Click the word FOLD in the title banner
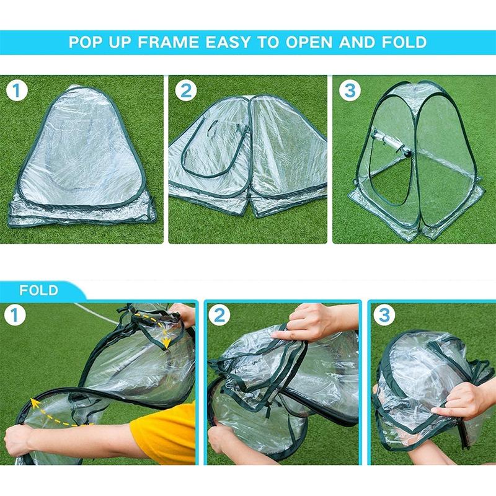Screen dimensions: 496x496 [x=403, y=42]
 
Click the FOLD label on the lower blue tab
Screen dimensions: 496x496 [x=38, y=290]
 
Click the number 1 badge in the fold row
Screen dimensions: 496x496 [x=18, y=316]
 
